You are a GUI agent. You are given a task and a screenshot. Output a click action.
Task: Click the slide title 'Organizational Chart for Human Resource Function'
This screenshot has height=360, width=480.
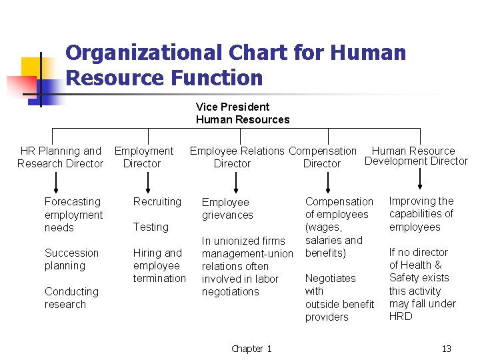pyautogui.click(x=235, y=65)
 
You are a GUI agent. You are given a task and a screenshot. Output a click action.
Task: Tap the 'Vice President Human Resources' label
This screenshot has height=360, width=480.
pyautogui.click(x=243, y=113)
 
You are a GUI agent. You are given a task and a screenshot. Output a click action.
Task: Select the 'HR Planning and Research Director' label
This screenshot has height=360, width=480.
pyautogui.click(x=61, y=157)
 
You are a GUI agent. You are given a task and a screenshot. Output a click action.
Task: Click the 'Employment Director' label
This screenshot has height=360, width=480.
pyautogui.click(x=143, y=157)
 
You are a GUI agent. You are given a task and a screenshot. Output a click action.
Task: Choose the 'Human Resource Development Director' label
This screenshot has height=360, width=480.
pyautogui.click(x=416, y=156)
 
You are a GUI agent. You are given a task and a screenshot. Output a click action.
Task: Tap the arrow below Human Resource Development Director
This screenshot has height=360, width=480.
pyautogui.click(x=419, y=179)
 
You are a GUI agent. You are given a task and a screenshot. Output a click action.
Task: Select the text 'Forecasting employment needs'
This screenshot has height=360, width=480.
pyautogui.click(x=73, y=215)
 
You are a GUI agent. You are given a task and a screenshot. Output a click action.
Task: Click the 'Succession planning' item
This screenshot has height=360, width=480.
pyautogui.click(x=71, y=259)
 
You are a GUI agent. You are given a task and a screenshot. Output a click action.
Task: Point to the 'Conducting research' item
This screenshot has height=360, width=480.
pyautogui.click(x=71, y=298)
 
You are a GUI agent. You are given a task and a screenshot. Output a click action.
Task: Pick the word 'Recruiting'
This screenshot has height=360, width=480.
pyautogui.click(x=157, y=202)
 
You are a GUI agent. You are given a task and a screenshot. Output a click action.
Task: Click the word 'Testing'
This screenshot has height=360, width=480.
pyautogui.click(x=151, y=227)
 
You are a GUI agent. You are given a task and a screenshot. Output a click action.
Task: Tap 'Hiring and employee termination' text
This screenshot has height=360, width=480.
pyautogui.click(x=159, y=265)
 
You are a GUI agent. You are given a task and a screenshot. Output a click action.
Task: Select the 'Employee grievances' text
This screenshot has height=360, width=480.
pyautogui.click(x=227, y=209)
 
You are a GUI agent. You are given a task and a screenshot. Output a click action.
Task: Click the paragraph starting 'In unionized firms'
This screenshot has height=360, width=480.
pyautogui.click(x=247, y=266)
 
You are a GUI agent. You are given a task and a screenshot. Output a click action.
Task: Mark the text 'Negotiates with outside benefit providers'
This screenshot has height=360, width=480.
pyautogui.click(x=339, y=297)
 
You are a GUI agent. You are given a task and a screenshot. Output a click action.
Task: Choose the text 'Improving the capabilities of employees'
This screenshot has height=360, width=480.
pyautogui.click(x=421, y=214)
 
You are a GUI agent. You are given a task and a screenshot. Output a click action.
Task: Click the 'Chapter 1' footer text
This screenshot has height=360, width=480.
pyautogui.click(x=251, y=349)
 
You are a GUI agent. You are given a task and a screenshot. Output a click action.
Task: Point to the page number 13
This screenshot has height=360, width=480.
pyautogui.click(x=446, y=349)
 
